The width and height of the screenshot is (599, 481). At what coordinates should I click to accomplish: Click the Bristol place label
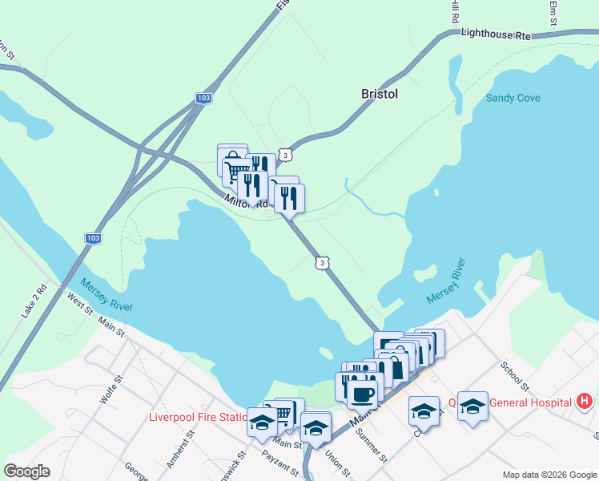point(380,94)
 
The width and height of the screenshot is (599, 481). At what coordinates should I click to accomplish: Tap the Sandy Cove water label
point(513,99)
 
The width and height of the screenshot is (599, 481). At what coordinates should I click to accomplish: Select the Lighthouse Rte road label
point(496,34)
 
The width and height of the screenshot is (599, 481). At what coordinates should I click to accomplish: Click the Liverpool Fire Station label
point(198,417)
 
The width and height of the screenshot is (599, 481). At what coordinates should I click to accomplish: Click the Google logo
point(26,471)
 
